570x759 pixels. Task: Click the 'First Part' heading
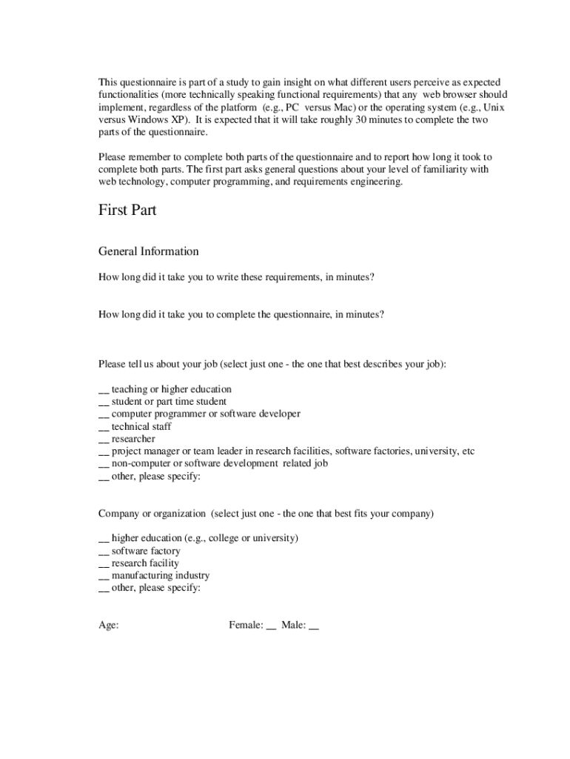[127, 211]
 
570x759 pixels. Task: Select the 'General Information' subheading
[148, 251]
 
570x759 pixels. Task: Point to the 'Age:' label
[109, 626]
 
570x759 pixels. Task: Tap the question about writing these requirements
[236, 277]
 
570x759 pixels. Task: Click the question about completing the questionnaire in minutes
[241, 314]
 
